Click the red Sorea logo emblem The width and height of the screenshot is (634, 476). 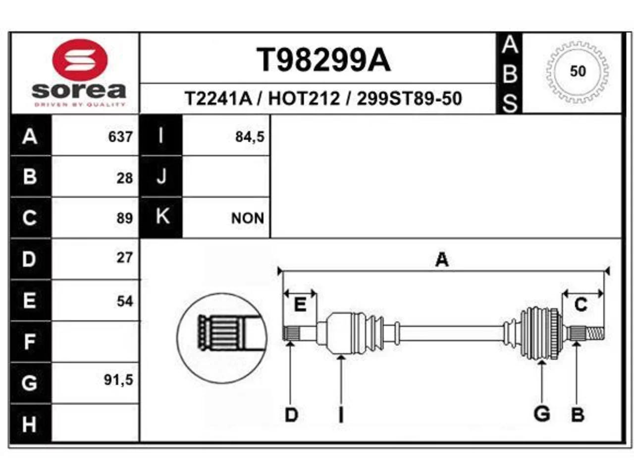80,60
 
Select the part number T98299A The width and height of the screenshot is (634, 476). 323,60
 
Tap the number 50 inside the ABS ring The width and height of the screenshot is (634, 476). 578,71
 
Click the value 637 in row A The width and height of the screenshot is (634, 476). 120,137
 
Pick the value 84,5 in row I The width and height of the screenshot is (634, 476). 250,137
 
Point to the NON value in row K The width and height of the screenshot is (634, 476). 248,218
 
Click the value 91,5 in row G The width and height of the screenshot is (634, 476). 118,380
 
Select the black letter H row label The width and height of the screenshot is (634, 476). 29,424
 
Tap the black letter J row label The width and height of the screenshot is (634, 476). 161,177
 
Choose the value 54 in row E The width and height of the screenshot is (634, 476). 125,301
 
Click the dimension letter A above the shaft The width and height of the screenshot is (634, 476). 442,259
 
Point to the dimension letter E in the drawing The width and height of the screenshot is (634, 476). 300,304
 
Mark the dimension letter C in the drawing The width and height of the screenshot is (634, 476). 581,304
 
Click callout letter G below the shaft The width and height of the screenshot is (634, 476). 541,414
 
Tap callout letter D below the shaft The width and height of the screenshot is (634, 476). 291,415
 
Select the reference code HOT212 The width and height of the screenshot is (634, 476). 304,99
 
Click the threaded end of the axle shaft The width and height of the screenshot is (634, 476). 595,333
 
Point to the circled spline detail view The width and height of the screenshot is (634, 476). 221,338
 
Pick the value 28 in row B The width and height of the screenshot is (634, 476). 125,178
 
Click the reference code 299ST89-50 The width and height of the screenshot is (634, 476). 409,99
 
